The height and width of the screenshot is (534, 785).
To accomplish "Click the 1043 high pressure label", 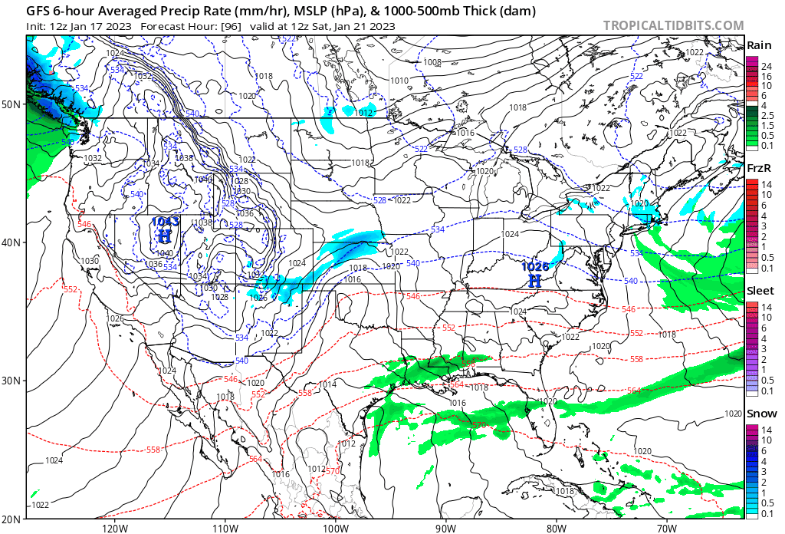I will coord(165,222).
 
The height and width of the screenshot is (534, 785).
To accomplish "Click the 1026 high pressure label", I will coord(535,267).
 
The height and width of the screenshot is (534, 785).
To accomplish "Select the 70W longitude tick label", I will coord(666,527).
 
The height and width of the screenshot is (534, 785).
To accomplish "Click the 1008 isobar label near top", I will coord(432,62).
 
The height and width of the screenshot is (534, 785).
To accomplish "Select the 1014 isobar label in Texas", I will coord(328,384).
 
